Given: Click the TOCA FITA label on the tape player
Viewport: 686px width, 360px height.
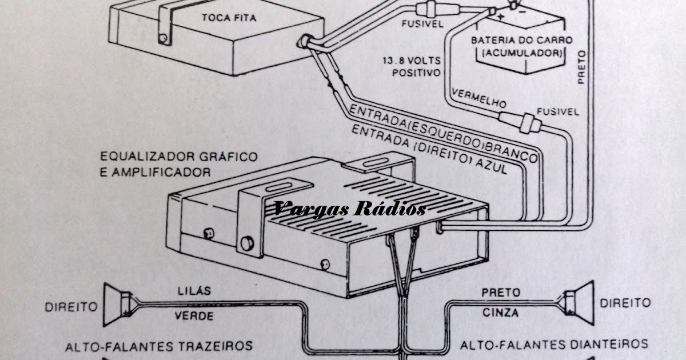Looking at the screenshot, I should coord(229,18).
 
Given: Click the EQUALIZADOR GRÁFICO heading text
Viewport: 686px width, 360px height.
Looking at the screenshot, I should coord(178,156).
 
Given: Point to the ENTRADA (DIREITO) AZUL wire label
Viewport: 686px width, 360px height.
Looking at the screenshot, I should coord(437,149).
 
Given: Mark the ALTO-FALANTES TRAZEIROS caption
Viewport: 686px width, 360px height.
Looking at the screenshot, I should coord(159,345).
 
